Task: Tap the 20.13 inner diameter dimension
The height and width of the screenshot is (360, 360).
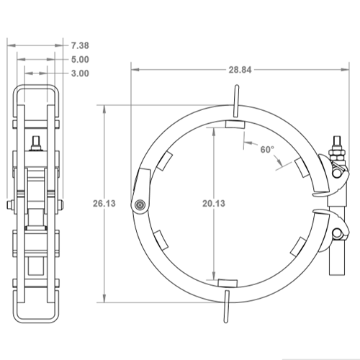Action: click(x=215, y=204)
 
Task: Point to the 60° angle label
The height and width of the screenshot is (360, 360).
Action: click(x=268, y=150)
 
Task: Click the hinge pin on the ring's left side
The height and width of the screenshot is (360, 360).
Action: click(x=137, y=206)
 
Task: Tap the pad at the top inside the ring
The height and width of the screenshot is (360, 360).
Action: click(x=234, y=125)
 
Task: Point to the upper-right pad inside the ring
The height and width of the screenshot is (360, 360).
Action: click(x=302, y=166)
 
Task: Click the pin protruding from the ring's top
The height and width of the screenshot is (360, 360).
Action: click(x=235, y=100)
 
